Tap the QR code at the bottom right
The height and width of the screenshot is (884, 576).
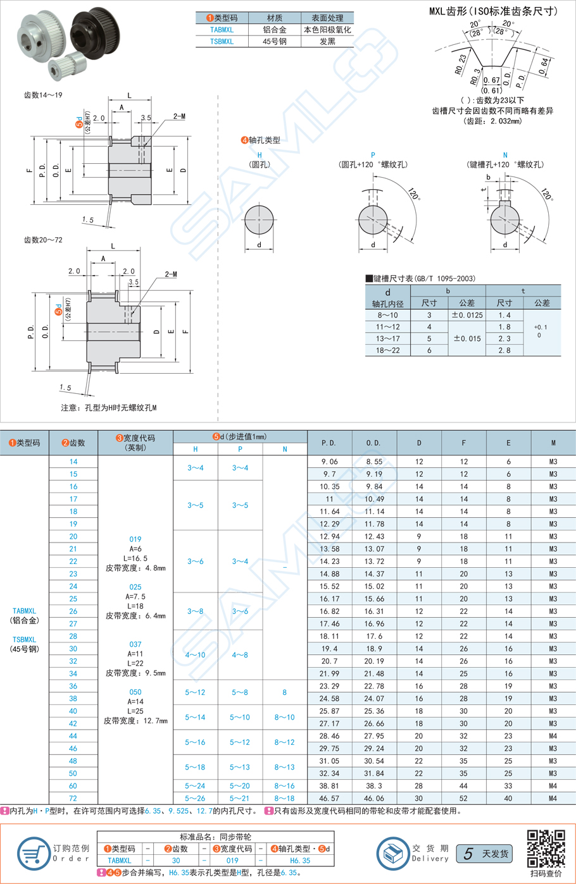pyautogui.click(x=546, y=849)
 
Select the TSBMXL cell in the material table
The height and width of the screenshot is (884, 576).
pyautogui.click(x=222, y=41)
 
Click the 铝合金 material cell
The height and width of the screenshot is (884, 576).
pyautogui.click(x=275, y=30)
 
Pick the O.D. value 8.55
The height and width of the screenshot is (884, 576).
pyautogui.click(x=373, y=462)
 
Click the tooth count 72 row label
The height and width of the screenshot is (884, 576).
pyautogui.click(x=73, y=798)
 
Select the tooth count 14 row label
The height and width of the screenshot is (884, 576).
pyautogui.click(x=73, y=462)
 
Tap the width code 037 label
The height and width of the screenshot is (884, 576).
pyautogui.click(x=135, y=644)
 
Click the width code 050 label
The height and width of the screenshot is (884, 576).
pyautogui.click(x=135, y=692)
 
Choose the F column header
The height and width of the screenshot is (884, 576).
pyautogui.click(x=463, y=443)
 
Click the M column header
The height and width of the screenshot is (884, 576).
pyautogui.click(x=553, y=443)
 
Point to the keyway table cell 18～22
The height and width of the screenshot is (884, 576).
pyautogui.click(x=387, y=350)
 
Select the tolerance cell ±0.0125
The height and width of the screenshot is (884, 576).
pyautogui.click(x=466, y=315)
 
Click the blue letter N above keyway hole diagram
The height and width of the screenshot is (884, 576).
pyautogui.click(x=504, y=155)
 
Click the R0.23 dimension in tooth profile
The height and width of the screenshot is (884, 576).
pyautogui.click(x=460, y=64)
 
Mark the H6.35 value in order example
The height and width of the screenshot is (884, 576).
pyautogui.click(x=300, y=860)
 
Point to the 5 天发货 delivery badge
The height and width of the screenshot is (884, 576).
pyautogui.click(x=484, y=854)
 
